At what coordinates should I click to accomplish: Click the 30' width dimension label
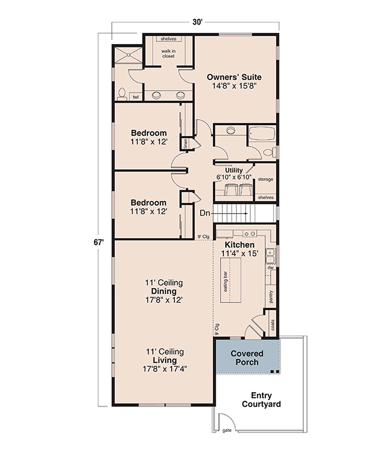[x=198, y=22]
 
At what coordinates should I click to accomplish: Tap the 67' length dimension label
[x=99, y=242]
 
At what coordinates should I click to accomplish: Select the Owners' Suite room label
[x=234, y=77]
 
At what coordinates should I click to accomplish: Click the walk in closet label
[x=168, y=54]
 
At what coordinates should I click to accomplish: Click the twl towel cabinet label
[x=135, y=97]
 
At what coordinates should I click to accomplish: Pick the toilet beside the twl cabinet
[x=122, y=94]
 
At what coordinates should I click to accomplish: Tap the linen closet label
[x=185, y=143]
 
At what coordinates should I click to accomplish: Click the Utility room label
[x=234, y=170]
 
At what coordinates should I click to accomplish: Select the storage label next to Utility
[x=265, y=179]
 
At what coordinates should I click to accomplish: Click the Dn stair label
[x=205, y=213]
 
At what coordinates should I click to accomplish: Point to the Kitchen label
[x=240, y=245]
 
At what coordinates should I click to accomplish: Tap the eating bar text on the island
[x=226, y=281]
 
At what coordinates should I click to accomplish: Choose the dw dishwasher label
[x=270, y=268]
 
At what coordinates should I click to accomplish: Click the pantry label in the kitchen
[x=271, y=296]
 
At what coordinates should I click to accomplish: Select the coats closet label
[x=273, y=325]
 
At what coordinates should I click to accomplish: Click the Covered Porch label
[x=247, y=358]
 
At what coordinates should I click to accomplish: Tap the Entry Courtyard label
[x=261, y=399]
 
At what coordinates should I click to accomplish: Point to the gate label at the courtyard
[x=227, y=431]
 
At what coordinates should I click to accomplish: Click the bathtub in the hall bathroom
[x=262, y=133]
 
